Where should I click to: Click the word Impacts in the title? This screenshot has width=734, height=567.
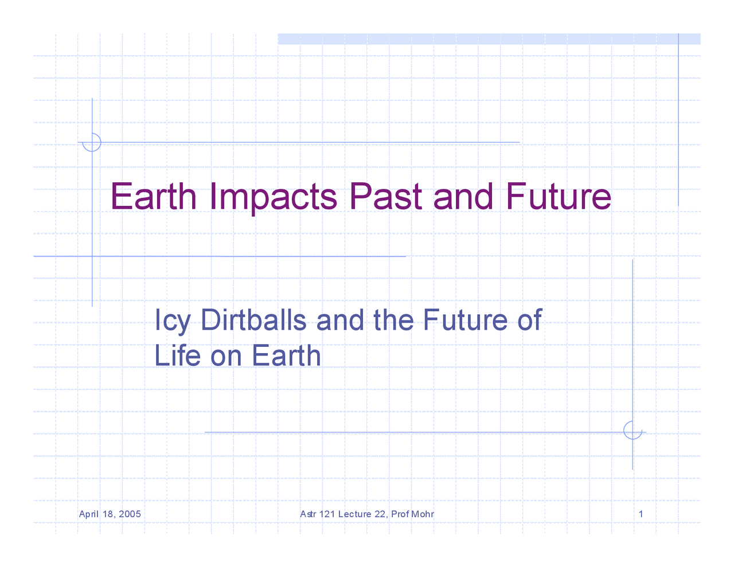coord(274,197)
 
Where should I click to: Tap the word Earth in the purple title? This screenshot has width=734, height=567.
coord(154,197)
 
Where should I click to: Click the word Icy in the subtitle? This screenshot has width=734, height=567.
coord(172,320)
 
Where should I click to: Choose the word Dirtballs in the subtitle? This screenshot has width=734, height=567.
coord(253,320)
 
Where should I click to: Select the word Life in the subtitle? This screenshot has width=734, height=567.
coord(177,355)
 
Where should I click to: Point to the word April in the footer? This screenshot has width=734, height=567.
coord(89,514)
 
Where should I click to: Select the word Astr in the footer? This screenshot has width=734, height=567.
coord(308,514)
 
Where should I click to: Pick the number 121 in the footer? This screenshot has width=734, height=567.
coord(327,514)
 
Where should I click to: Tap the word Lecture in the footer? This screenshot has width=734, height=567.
coord(354,514)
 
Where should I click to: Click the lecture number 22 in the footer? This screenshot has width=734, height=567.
coord(380,514)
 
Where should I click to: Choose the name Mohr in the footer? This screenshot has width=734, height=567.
coord(423,514)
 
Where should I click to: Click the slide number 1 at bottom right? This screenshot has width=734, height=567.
coord(641,514)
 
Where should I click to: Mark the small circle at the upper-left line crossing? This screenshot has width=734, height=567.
coord(92,142)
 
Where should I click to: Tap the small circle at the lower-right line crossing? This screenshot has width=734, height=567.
coord(633,431)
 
